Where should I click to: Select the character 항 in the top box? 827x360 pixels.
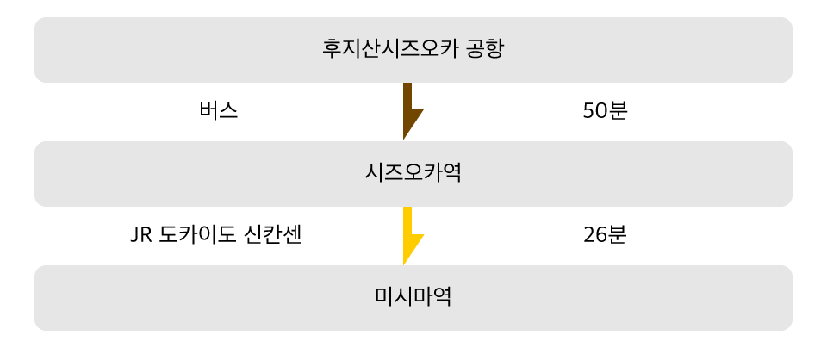pos(494,48)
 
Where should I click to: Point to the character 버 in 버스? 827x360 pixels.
pos(208,111)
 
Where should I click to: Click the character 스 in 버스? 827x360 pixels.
pos(227,111)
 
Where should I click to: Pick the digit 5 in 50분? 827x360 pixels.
pos(589,111)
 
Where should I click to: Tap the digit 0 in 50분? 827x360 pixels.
pos(601,111)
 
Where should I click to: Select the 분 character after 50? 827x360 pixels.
pos(618,111)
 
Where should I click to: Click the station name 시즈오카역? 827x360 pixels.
pos(413,173)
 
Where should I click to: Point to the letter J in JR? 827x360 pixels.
pos(134,235)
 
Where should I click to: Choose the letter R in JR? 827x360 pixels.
pos(146,235)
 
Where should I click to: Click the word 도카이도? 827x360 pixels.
pos(197,235)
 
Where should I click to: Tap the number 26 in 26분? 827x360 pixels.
pos(595,235)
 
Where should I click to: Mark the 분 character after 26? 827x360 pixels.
pos(618,235)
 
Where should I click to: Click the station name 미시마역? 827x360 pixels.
pos(413,297)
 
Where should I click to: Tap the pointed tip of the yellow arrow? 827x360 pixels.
pos(404,263)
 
